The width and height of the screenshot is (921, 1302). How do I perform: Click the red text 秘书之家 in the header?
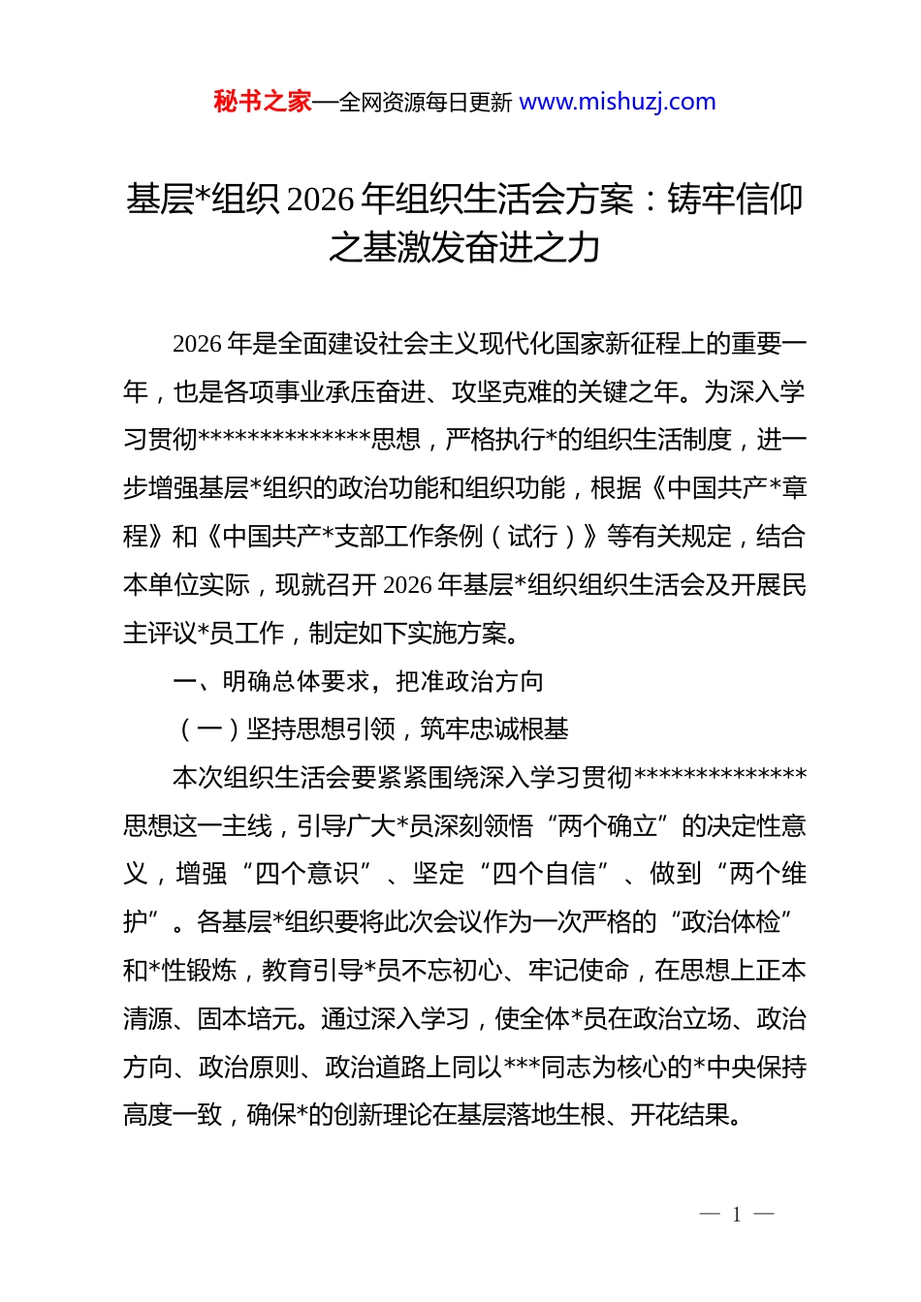(262, 102)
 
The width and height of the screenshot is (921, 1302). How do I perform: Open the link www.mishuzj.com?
(618, 102)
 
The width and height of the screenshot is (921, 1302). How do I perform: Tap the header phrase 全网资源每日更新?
(426, 103)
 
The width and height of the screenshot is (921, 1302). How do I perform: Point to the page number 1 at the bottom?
(736, 1215)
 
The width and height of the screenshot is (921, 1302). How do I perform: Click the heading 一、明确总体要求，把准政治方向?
(358, 681)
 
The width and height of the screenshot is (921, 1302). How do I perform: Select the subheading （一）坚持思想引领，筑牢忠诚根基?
(370, 728)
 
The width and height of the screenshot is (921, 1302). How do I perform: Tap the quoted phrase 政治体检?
(731, 921)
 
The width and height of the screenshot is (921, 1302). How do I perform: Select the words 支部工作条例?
(408, 537)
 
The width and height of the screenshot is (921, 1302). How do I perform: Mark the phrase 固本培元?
(246, 1018)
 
